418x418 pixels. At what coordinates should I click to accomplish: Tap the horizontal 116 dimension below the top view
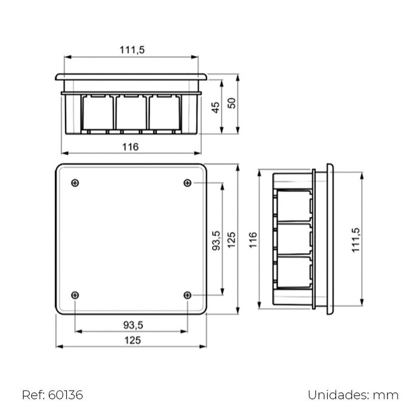tap(131, 147)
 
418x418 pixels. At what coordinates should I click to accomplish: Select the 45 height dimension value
tap(216, 106)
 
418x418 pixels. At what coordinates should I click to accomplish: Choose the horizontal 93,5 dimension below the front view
tap(132, 324)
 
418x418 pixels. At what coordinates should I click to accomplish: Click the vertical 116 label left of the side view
tap(253, 240)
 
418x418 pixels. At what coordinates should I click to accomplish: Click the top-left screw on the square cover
tap(75, 183)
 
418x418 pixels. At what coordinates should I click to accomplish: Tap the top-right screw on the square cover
tap(188, 183)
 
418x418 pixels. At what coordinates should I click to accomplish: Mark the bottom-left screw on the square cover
tap(75, 294)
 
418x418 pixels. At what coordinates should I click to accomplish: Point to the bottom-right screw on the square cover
tap(188, 294)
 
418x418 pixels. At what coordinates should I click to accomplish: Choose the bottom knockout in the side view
tap(294, 274)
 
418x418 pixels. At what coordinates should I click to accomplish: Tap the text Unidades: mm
tap(353, 395)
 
